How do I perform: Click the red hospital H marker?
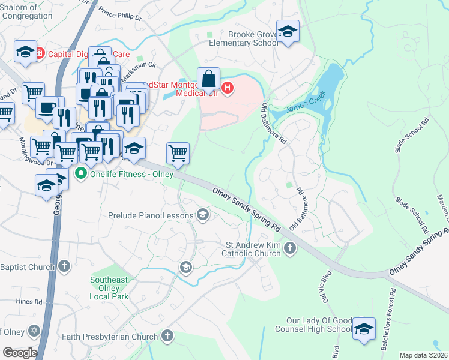[x=228, y=89]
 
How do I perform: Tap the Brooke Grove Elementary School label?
[x=244, y=39]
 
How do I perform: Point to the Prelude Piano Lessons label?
[x=151, y=215]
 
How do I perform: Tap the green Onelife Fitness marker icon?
[x=80, y=174]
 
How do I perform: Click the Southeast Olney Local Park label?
[x=109, y=288]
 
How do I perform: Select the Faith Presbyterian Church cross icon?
[x=167, y=337]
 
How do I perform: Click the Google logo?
[x=19, y=352]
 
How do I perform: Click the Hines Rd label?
[x=29, y=302]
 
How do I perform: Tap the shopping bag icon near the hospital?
[x=208, y=79]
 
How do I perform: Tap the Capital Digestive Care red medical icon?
[x=40, y=53]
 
